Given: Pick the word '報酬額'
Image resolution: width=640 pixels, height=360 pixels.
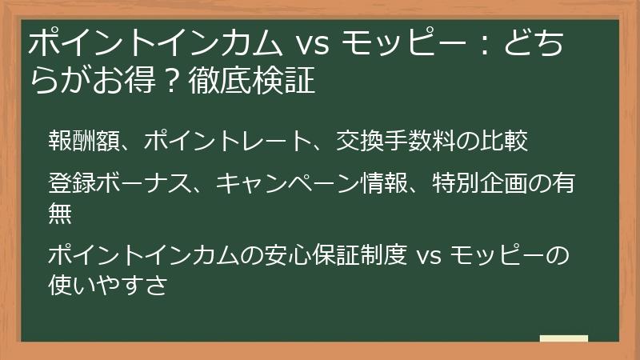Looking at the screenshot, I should coord(83,142).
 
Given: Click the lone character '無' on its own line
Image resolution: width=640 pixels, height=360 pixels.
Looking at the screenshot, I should coord(60,213).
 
